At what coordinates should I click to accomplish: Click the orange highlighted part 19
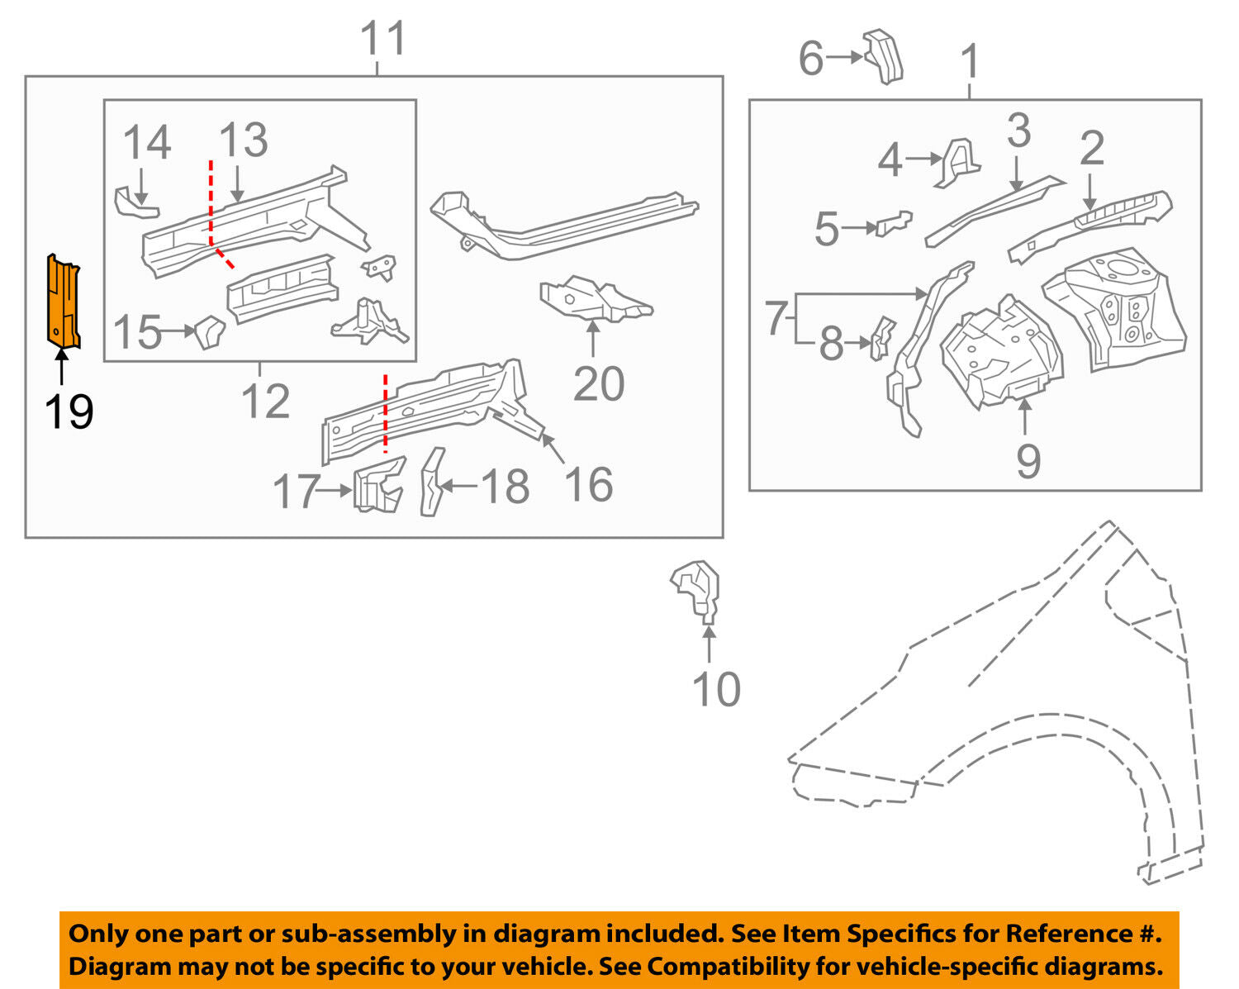(x=64, y=302)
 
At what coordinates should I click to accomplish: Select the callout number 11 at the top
(x=384, y=39)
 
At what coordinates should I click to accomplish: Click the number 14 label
(x=147, y=142)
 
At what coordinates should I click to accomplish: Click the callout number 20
(x=598, y=384)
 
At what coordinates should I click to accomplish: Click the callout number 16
(x=588, y=485)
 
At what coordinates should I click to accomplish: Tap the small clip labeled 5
(x=895, y=222)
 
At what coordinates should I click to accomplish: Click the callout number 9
(x=1028, y=461)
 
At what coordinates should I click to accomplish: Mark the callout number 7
(x=775, y=318)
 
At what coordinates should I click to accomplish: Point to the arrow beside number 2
(x=1090, y=195)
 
